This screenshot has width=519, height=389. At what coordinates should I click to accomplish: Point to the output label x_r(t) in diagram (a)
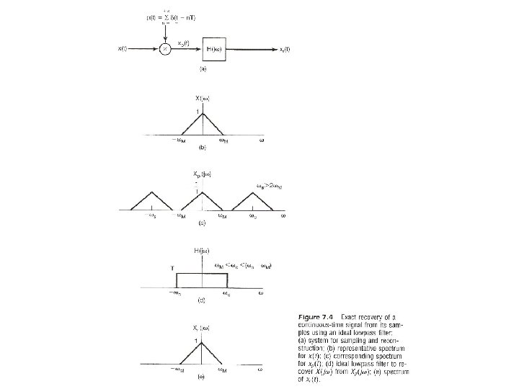[285, 49]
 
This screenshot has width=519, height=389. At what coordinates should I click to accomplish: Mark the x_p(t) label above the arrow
[184, 42]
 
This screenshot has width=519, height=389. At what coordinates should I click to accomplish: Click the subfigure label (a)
[203, 69]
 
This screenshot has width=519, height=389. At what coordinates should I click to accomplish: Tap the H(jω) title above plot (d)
[201, 250]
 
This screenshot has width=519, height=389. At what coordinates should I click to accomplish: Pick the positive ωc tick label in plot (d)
[226, 293]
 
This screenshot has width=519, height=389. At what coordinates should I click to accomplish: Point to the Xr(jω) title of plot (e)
[201, 329]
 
